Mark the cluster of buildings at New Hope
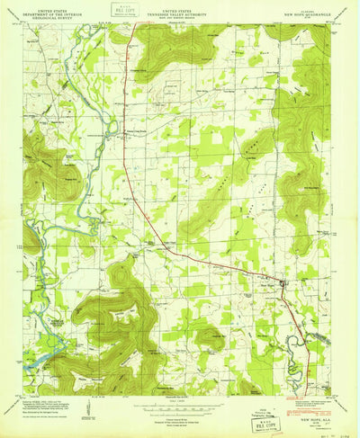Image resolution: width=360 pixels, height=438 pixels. coord(284,286)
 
